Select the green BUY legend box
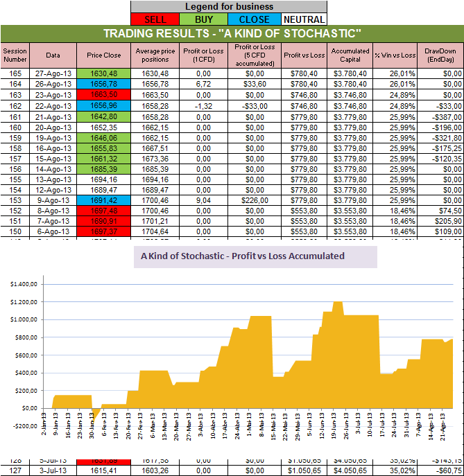pyautogui.click(x=205, y=19)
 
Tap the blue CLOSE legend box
pyautogui.click(x=254, y=19)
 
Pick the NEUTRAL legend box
pyautogui.click(x=302, y=19)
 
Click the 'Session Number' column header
pyautogui.click(x=13, y=55)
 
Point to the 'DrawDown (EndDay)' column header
pyautogui.click(x=440, y=55)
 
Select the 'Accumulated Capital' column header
pyautogui.click(x=350, y=55)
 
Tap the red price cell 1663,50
pyautogui.click(x=103, y=94)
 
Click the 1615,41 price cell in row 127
pyautogui.click(x=103, y=469)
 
